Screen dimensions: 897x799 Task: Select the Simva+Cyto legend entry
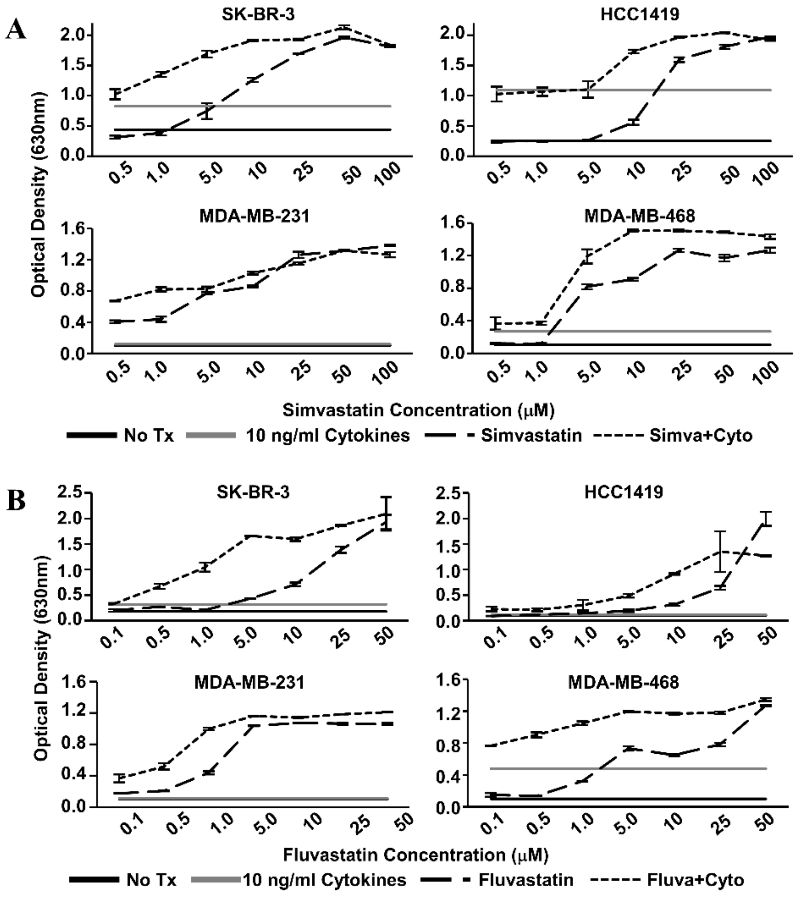point(701,436)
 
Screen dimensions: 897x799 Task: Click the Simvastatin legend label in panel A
point(531,436)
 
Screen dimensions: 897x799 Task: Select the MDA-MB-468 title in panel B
point(623,682)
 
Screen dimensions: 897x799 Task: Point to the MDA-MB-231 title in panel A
point(255,216)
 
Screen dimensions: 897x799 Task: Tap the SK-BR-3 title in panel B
point(253,492)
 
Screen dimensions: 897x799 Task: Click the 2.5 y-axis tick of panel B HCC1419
point(448,493)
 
